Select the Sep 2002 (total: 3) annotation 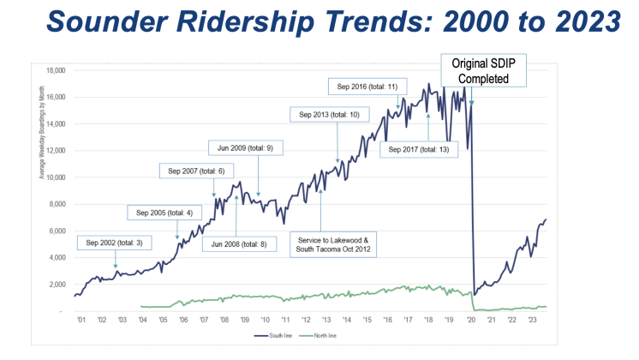pos(113,243)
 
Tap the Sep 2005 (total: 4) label pos(164,212)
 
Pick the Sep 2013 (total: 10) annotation pos(329,114)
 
